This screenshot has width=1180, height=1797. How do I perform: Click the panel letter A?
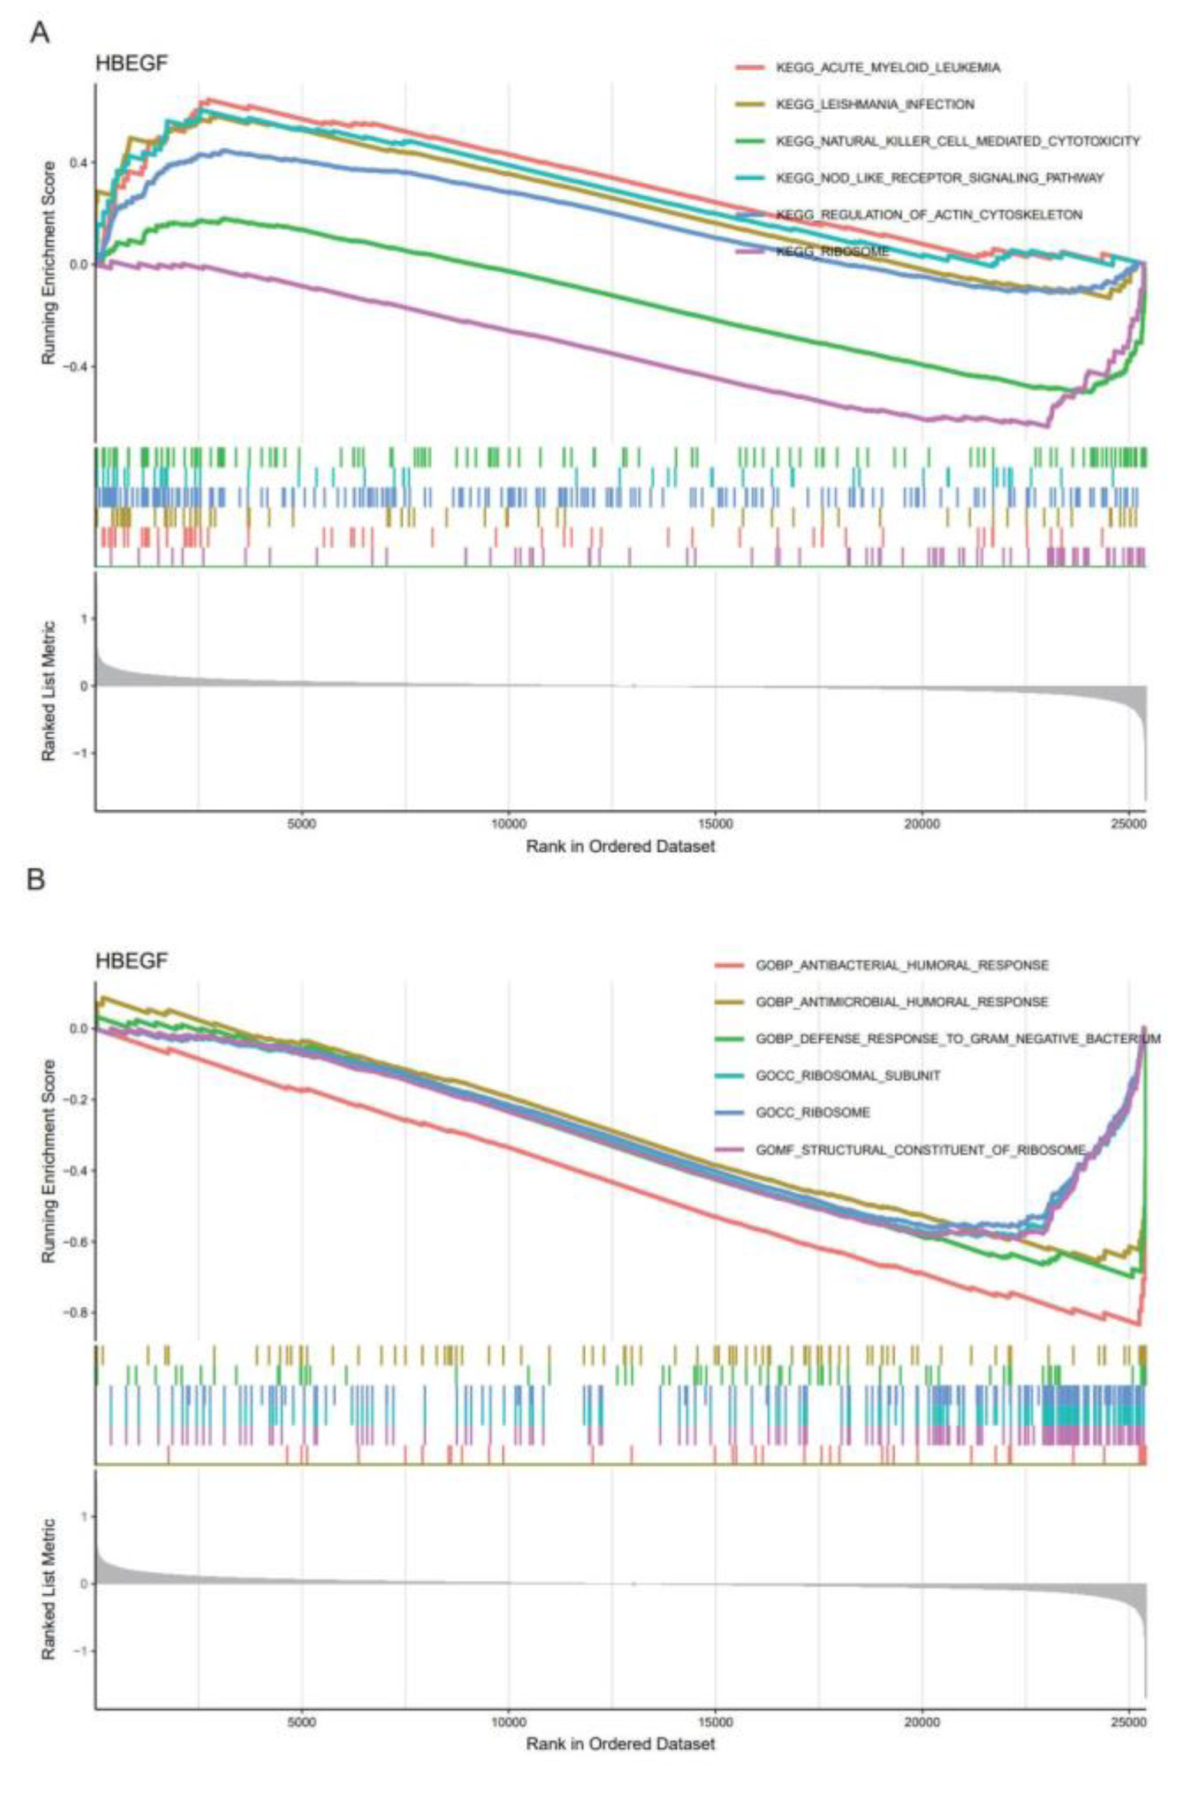40,32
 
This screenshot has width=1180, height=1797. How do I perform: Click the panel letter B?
35,881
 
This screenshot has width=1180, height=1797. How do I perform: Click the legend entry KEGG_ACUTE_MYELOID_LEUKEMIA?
887,68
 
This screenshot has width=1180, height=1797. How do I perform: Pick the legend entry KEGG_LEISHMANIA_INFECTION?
874,104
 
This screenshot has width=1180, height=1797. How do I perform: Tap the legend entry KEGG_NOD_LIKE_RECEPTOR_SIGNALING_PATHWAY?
939,178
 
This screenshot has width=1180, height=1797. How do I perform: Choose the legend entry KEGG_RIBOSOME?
832,252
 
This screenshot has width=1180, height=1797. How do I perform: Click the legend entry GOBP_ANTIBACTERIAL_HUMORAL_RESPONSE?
901,965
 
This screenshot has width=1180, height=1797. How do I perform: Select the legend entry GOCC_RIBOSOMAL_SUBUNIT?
848,1075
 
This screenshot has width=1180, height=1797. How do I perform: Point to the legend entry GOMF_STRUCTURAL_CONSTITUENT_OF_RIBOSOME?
920,1149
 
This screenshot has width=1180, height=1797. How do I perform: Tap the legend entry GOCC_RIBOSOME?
812,1112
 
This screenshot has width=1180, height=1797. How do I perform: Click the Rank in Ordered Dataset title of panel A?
620,846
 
